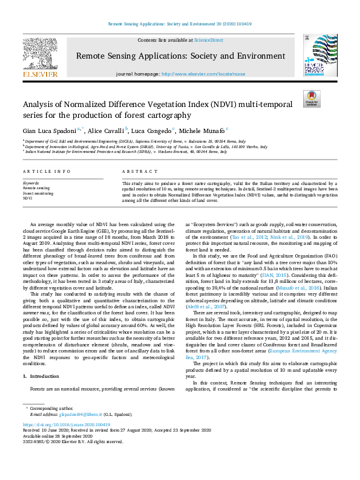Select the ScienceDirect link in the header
[x=208, y=40]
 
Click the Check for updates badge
[x=312, y=99]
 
